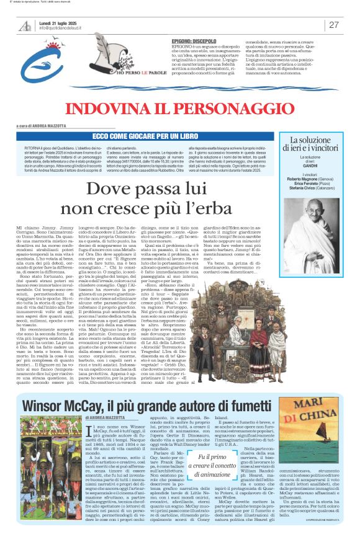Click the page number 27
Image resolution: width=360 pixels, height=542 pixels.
(334, 25)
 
